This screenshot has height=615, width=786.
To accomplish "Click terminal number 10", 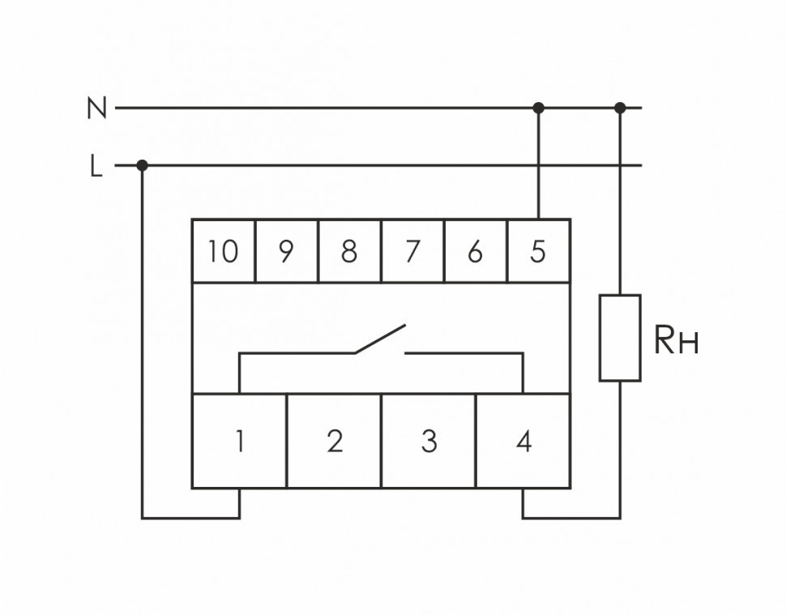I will (x=223, y=252).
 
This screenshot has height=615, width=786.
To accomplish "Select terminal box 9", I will (x=285, y=252).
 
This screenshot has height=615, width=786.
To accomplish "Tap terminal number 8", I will (x=348, y=252).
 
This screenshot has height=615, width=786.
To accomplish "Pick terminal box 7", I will (x=412, y=252).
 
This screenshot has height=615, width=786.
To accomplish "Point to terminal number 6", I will (x=475, y=252).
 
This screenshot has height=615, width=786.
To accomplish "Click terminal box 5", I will (x=538, y=252).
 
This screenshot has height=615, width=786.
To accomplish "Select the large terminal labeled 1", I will (x=239, y=442).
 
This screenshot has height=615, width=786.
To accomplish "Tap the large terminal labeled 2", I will (x=334, y=442).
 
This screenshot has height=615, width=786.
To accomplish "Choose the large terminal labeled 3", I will (x=429, y=442).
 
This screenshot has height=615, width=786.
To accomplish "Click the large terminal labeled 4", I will (x=523, y=442).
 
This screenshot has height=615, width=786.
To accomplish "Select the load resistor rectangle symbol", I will (x=620, y=338).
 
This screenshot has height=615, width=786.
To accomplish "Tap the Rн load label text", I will (x=675, y=343).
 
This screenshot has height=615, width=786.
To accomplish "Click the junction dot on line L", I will (x=143, y=165).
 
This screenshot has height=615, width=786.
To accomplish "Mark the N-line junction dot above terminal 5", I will (x=538, y=107).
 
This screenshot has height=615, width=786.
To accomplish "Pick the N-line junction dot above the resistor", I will (x=621, y=107).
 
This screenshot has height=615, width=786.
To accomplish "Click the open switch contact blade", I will (x=378, y=340).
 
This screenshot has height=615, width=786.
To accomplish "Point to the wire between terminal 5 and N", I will (x=538, y=162).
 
